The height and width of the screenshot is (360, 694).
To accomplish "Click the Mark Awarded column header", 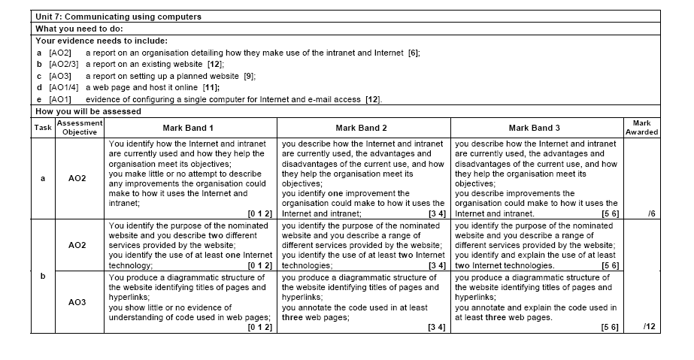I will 641,127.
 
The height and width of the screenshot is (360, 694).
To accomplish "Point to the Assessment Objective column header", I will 79,127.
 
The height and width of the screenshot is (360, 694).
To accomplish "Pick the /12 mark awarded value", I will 649,327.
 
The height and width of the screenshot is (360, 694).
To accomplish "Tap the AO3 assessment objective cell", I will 77,302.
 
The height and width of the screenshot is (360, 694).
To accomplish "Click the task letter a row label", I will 43,178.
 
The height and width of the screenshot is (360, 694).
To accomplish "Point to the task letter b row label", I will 43,276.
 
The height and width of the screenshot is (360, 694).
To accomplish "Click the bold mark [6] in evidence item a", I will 413,53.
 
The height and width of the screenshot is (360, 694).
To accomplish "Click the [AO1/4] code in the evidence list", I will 62,87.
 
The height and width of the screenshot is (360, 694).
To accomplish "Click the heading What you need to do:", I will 74,29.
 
